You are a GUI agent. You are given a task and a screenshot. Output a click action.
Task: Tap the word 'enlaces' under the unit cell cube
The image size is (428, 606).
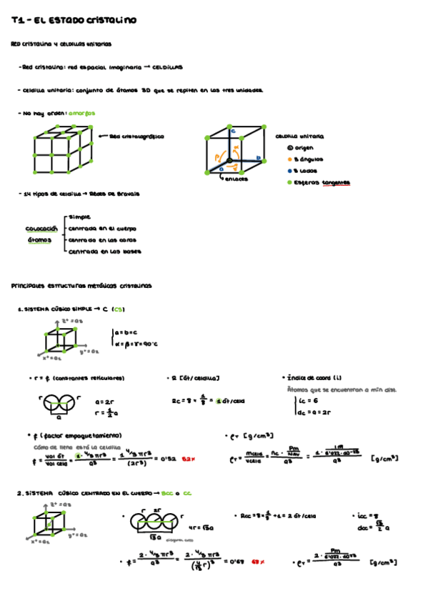(x=235, y=179)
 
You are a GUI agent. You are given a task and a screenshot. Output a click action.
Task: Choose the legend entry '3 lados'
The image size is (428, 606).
(x=306, y=171)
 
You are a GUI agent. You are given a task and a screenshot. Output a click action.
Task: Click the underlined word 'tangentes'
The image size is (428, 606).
(x=336, y=183)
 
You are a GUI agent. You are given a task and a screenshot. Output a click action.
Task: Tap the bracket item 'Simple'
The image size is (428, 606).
(x=79, y=216)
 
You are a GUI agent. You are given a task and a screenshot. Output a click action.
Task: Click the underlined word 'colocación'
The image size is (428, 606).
(x=41, y=229)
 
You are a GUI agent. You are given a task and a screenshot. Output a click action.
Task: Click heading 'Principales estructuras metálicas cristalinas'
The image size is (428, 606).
(x=81, y=285)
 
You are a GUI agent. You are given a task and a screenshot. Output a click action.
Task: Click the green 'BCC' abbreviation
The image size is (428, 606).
(x=168, y=493)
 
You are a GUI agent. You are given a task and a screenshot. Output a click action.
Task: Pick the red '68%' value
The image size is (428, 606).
(x=258, y=562)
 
